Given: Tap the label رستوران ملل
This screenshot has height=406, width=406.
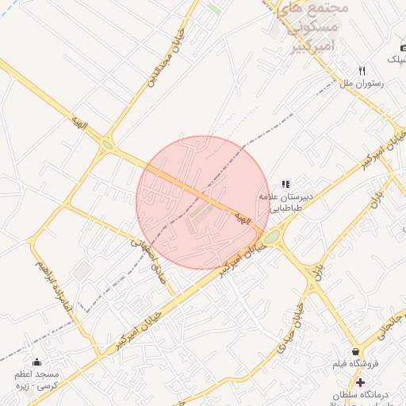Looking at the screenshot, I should tap(361, 82).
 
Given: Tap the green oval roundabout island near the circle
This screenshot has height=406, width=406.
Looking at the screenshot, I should tap(272, 236).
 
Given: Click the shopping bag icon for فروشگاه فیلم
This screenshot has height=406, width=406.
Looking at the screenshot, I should tap(355, 351).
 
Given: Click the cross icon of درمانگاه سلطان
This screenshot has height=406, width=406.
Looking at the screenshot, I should tap(361, 382).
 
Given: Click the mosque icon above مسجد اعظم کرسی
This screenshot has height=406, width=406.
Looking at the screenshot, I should tap(36, 362).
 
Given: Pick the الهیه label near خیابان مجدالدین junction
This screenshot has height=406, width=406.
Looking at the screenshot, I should tap(78, 122).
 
